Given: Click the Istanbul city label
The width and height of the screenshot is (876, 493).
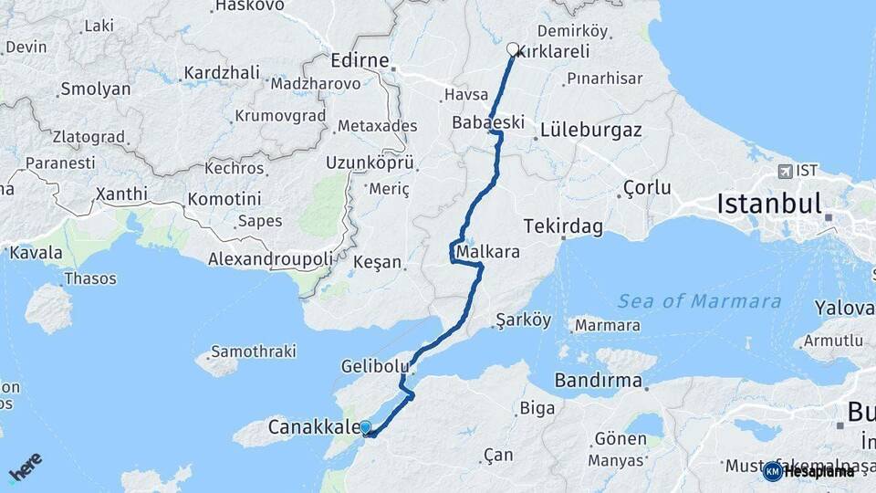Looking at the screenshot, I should pyautogui.click(x=769, y=204).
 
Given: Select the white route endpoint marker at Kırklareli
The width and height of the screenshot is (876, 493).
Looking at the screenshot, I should pyautogui.click(x=513, y=49).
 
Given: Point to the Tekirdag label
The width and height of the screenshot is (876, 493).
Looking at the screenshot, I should pyautogui.click(x=563, y=226).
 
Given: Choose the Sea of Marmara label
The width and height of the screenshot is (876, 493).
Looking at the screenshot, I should pyautogui.click(x=699, y=301).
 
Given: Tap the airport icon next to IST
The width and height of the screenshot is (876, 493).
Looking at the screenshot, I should pyautogui.click(x=785, y=171).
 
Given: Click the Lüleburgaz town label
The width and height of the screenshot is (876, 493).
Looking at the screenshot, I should pyautogui.click(x=590, y=130).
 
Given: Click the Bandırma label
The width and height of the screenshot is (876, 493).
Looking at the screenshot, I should pyautogui.click(x=598, y=380).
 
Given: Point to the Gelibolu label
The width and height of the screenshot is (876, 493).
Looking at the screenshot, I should pyautogui.click(x=371, y=366).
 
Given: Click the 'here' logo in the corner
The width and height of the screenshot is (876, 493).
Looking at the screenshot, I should pyautogui.click(x=25, y=467).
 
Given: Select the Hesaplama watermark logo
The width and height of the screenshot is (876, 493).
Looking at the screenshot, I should pyautogui.click(x=808, y=471).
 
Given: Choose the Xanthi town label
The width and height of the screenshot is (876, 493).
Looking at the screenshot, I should pyautogui.click(x=120, y=194).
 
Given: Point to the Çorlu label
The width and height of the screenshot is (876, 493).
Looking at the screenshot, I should pyautogui.click(x=647, y=188).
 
